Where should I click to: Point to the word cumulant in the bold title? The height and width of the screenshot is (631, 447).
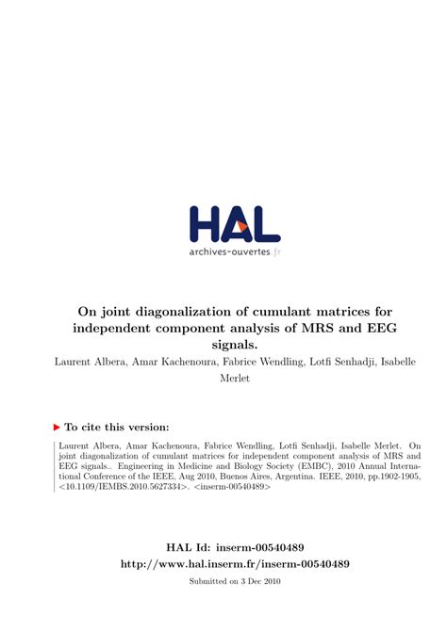296,311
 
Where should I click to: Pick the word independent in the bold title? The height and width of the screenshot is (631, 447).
119,328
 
